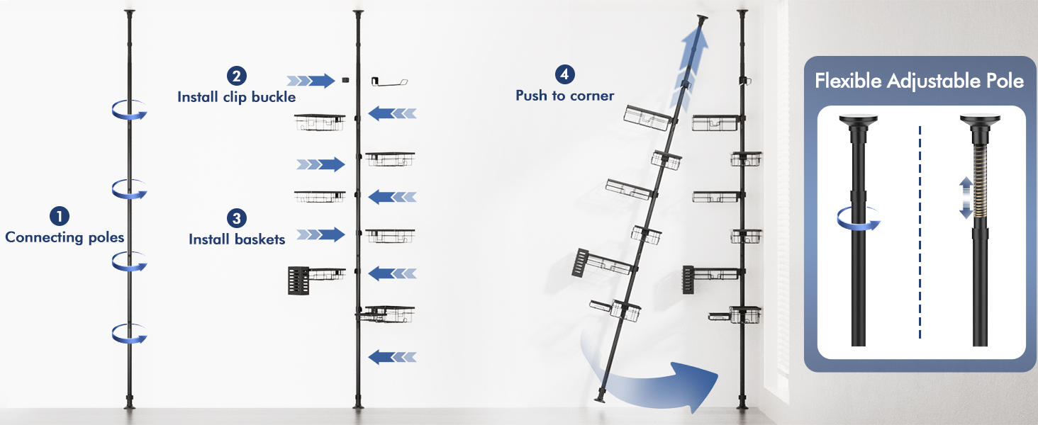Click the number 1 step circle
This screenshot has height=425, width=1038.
[x=60, y=216]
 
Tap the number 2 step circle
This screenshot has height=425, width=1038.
[x=236, y=76]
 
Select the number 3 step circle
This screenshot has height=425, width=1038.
[x=236, y=218]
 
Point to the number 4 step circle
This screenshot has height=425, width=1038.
[x=564, y=74]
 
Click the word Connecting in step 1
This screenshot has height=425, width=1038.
[x=45, y=237]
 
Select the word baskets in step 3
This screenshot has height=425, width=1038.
[x=259, y=239]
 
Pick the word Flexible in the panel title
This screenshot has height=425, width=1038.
[x=848, y=81]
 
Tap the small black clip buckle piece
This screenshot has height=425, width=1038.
[x=345, y=80]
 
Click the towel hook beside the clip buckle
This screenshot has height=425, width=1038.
[x=389, y=81]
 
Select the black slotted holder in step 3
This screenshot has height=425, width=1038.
[x=298, y=280]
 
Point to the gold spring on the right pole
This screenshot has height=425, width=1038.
[x=980, y=181]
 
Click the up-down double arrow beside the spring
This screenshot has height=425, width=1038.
[x=966, y=198]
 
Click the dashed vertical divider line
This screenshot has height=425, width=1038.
[x=920, y=232]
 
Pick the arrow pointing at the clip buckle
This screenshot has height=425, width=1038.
[x=311, y=81]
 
